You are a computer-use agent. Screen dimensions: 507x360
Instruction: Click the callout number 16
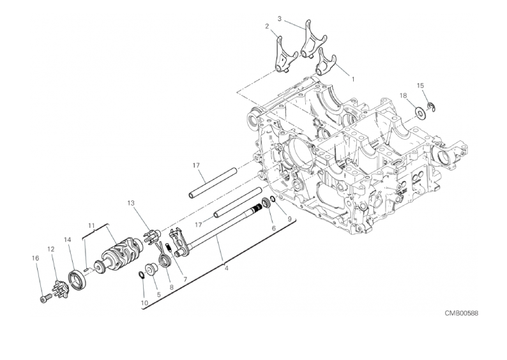click(36, 258)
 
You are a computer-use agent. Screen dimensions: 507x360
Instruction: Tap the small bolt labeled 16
click(46, 298)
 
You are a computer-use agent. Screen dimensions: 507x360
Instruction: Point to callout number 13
click(131, 203)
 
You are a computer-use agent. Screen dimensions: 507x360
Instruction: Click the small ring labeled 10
click(142, 274)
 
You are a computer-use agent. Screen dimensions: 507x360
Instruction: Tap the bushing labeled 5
click(151, 268)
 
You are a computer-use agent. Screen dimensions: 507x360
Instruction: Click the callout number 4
click(226, 268)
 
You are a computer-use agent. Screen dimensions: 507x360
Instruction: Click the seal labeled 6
click(266, 203)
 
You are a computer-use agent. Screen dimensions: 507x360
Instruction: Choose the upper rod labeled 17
click(214, 182)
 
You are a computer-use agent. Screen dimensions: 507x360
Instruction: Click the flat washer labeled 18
click(421, 113)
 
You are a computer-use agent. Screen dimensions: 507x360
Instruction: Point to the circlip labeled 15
click(431, 107)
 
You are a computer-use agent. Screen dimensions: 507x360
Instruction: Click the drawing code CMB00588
click(462, 313)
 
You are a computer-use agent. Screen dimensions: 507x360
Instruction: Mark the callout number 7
click(185, 279)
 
